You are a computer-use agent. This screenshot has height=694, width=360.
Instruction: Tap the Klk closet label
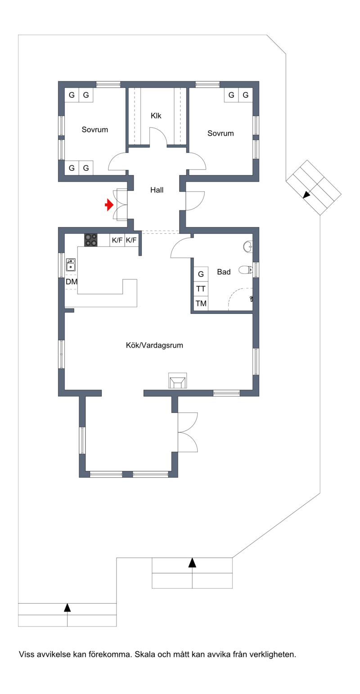(x=156, y=116)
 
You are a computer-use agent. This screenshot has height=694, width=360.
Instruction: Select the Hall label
(x=157, y=190)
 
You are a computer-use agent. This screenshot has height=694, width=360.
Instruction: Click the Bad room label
(x=224, y=272)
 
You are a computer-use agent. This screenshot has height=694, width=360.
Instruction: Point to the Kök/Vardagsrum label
(x=154, y=345)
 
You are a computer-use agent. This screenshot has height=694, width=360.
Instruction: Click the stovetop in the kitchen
(x=91, y=240)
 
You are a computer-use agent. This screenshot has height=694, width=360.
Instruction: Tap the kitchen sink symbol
(x=71, y=265)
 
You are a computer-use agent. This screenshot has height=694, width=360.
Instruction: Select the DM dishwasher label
(x=72, y=282)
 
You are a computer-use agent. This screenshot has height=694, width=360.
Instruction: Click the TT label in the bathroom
(x=201, y=289)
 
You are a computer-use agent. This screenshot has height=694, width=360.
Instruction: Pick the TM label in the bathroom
(x=201, y=303)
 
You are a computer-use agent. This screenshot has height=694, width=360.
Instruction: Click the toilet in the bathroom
(x=246, y=270)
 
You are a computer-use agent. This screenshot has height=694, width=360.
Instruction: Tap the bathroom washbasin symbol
(x=248, y=246)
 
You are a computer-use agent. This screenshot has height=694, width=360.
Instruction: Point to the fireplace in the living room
(x=178, y=381)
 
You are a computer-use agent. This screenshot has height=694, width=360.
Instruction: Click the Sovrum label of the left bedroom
(x=95, y=130)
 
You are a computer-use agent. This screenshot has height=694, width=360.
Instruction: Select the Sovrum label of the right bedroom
(x=220, y=133)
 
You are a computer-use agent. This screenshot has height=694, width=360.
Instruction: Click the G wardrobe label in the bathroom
(x=201, y=274)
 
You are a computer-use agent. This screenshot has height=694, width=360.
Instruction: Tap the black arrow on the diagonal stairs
(x=306, y=195)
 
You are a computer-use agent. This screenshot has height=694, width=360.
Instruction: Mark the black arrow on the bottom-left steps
(x=67, y=607)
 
